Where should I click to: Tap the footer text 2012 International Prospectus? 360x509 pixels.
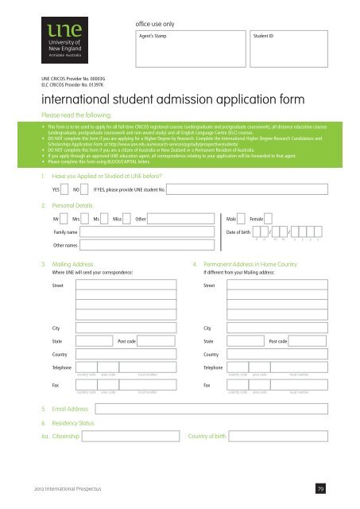click(x=58, y=488)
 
